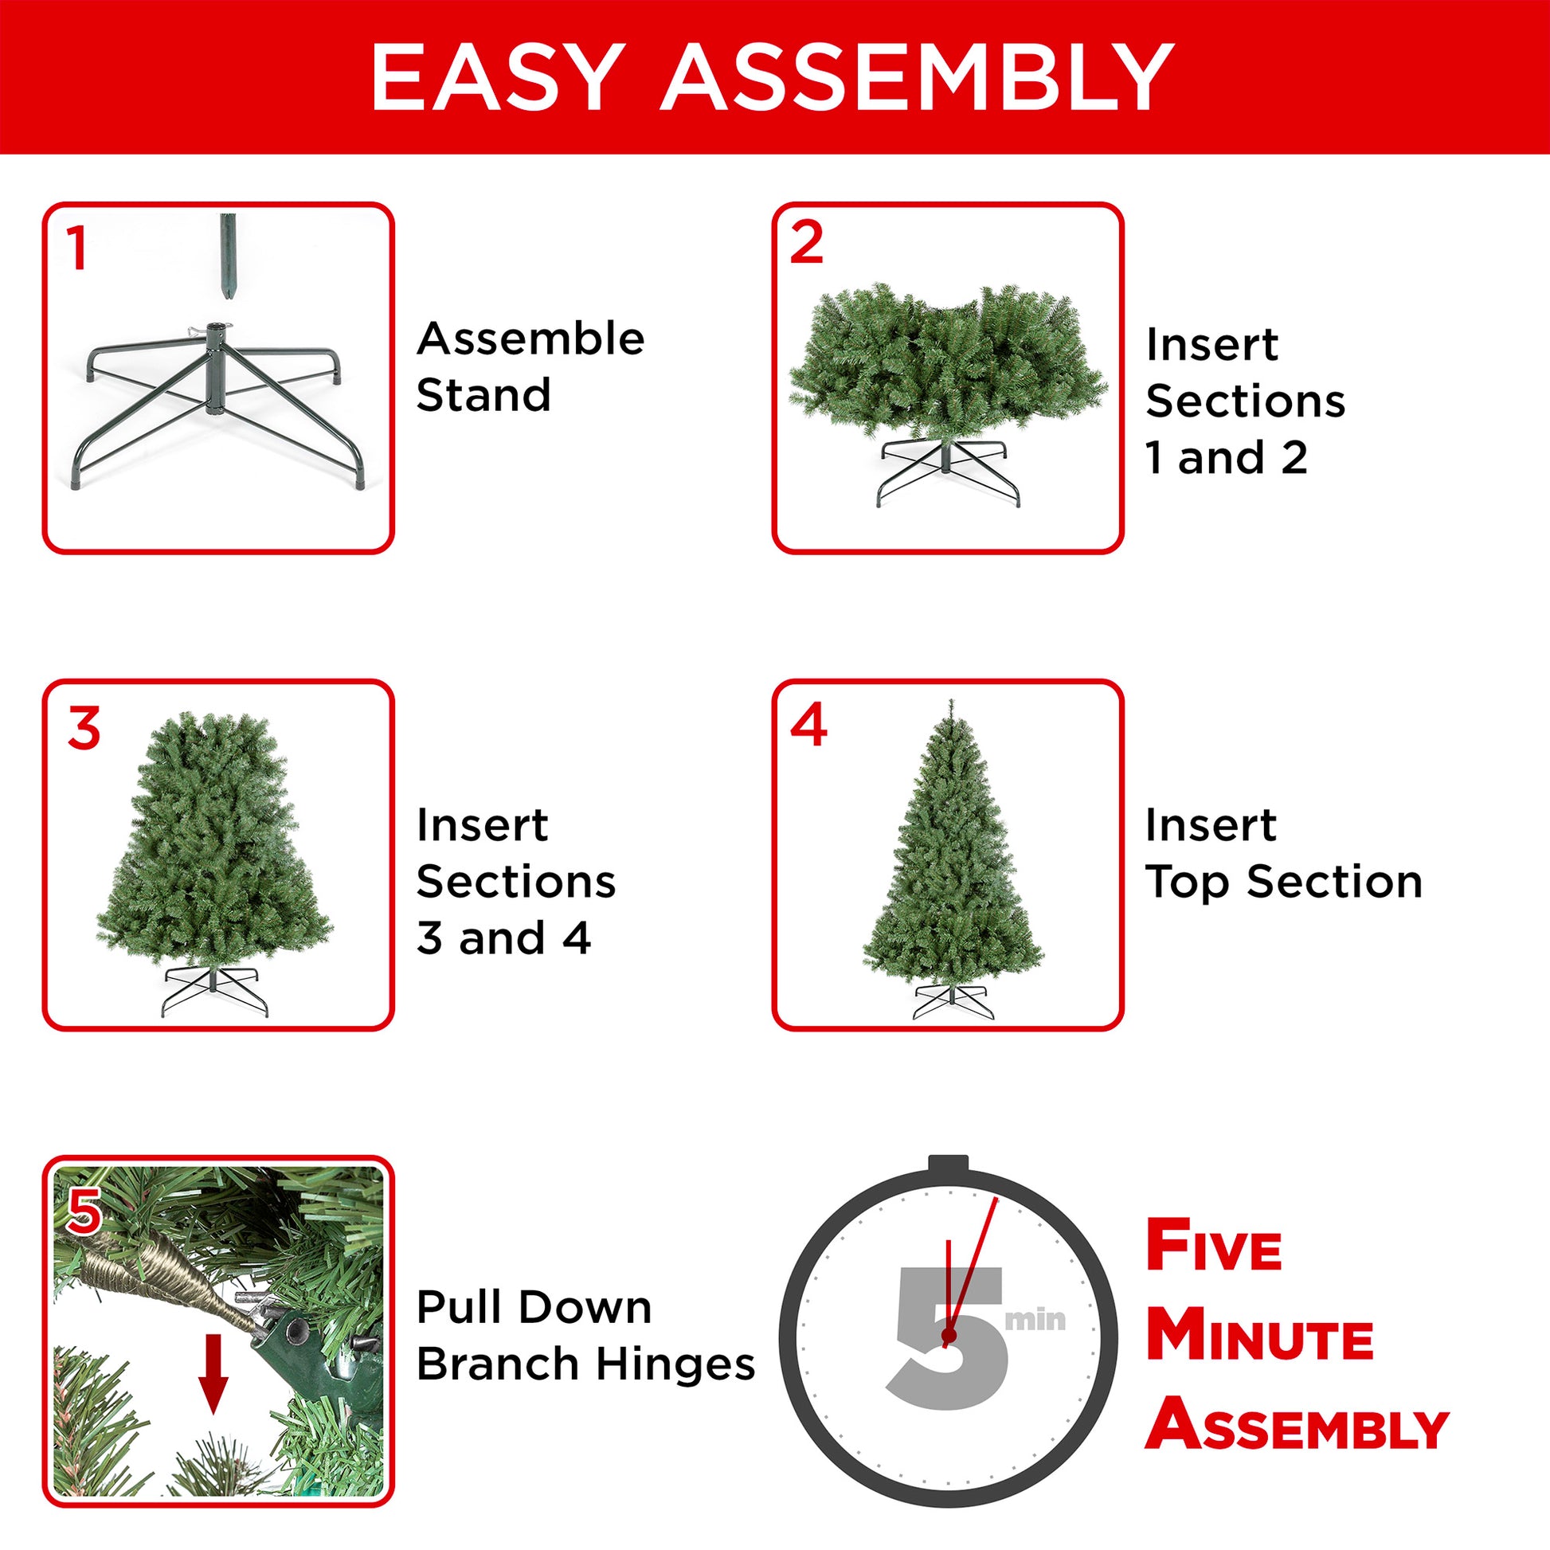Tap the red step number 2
[805, 242]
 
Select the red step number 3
[84, 729]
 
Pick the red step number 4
[808, 725]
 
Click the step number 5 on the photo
[84, 1212]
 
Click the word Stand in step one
[483, 395]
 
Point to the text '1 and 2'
[1226, 457]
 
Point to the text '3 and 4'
[503, 937]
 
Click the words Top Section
[1283, 882]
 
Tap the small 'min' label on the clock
[1035, 1320]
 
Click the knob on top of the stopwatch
[949, 1164]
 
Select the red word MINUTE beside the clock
[1259, 1337]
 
